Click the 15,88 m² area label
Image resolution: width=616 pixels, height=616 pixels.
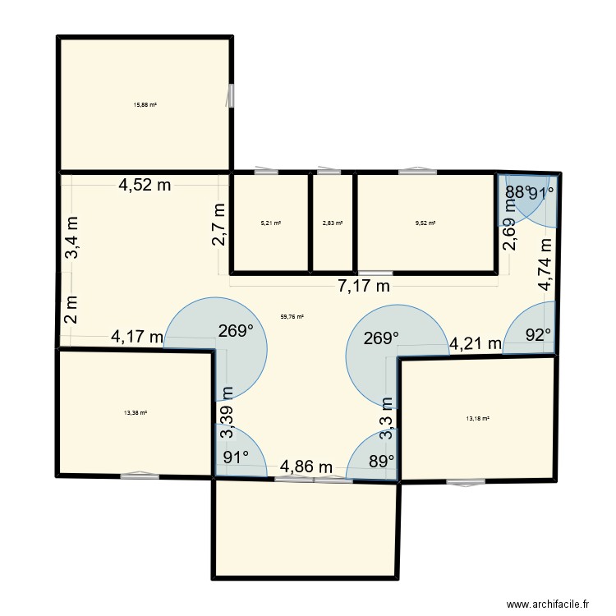145,105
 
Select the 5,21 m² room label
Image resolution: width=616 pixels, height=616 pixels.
271,223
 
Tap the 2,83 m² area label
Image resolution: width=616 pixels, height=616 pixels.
333,223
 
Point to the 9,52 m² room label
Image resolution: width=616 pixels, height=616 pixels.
425,223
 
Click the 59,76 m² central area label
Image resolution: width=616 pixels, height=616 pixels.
293,317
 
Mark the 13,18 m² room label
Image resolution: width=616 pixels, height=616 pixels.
477,419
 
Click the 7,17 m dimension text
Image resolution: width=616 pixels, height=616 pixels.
361,286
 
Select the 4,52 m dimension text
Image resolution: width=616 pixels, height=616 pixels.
145,185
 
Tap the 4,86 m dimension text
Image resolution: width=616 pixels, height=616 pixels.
306,467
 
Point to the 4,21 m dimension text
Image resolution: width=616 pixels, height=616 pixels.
474,343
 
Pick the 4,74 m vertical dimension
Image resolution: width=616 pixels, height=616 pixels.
544,263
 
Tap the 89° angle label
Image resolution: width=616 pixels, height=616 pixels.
382,461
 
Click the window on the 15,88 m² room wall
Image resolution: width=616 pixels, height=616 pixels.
231,95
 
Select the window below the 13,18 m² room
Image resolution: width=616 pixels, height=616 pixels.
466,482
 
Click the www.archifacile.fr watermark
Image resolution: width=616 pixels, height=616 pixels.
549,604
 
